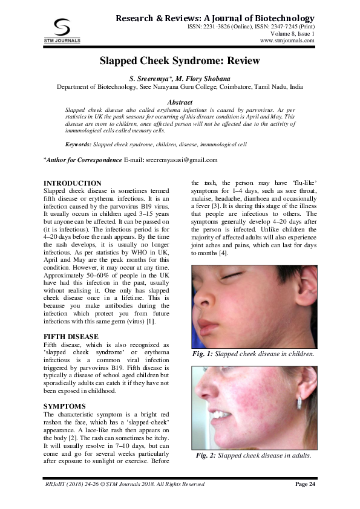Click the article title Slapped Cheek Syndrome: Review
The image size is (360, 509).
coord(180,61)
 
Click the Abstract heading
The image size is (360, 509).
coord(180,103)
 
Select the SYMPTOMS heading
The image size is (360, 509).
coord(65,406)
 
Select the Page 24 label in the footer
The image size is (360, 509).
coord(305,485)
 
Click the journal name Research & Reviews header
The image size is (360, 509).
coord(215,19)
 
